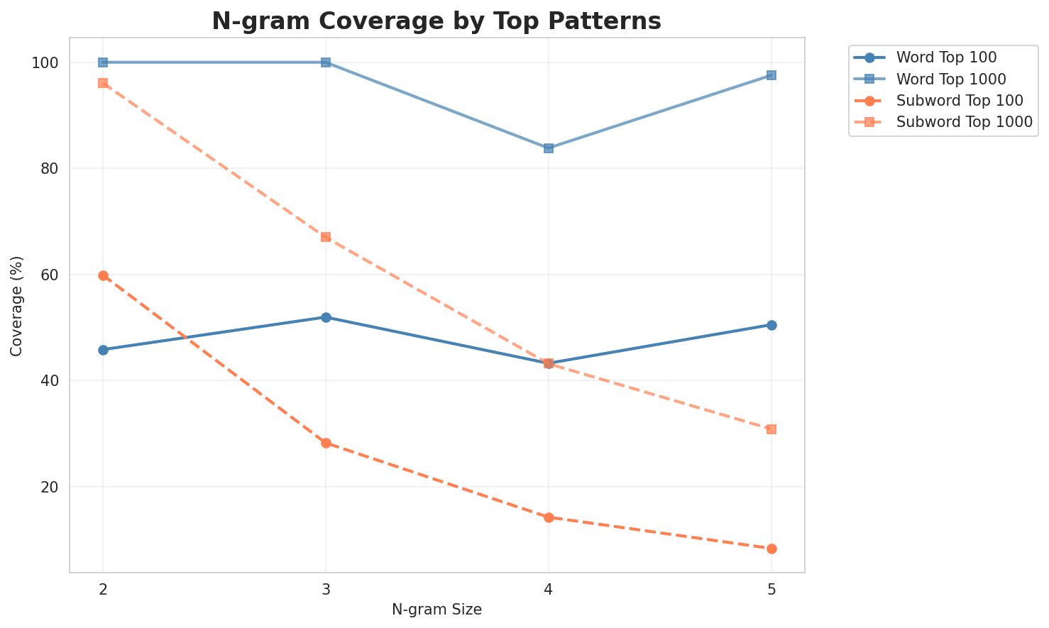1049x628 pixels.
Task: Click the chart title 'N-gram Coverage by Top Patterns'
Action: (x=436, y=21)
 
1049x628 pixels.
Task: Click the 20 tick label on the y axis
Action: (x=50, y=487)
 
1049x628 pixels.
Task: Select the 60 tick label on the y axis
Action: (x=50, y=275)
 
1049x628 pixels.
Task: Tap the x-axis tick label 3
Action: (x=326, y=588)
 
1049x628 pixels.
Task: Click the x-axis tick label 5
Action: (x=771, y=588)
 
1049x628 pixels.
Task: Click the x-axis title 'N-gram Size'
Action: (x=436, y=610)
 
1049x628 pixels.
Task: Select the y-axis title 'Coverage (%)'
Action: (x=16, y=305)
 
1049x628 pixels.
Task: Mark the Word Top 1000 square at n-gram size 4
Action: (x=549, y=148)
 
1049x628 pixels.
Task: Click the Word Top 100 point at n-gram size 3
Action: (x=326, y=317)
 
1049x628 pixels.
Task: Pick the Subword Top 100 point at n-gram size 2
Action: (x=103, y=275)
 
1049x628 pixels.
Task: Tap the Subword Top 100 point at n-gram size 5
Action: (x=771, y=549)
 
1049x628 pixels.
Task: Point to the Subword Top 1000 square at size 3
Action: (x=326, y=237)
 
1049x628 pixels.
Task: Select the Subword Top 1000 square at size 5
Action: (x=771, y=429)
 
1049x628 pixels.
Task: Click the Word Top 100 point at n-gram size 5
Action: (x=771, y=325)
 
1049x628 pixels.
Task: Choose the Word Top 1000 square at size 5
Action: (x=771, y=75)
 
